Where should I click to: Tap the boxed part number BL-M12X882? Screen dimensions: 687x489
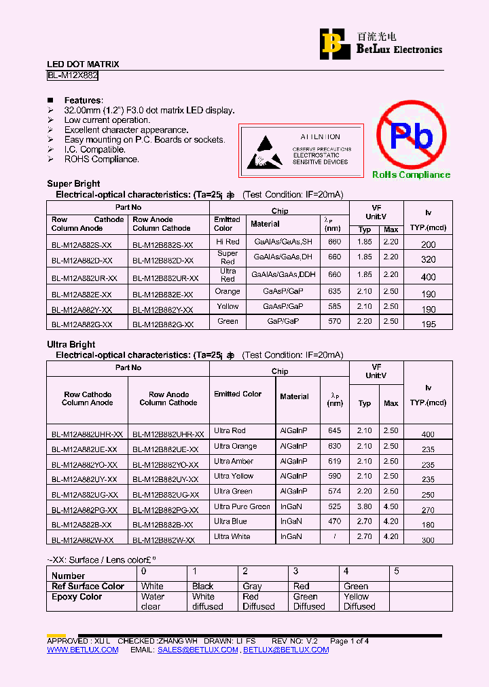point(73,76)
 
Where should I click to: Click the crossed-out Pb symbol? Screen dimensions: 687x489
point(411,135)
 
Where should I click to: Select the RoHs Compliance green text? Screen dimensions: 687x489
point(411,175)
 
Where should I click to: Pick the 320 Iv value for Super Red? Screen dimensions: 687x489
point(428,259)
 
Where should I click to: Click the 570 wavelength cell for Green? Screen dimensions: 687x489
point(334,321)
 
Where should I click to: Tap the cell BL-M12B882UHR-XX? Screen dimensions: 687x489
point(168,434)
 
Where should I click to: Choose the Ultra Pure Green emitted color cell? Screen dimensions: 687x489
point(242,506)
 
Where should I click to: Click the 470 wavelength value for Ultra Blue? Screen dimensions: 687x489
point(334,521)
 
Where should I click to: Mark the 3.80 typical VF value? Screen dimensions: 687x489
point(365,506)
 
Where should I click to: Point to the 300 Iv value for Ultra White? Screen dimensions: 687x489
point(428,540)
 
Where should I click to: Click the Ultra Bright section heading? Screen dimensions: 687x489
point(71,344)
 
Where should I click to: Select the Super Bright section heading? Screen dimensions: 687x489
point(73,183)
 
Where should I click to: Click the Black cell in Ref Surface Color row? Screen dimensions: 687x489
point(202,586)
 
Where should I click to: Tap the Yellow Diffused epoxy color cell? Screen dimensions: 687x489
point(359,601)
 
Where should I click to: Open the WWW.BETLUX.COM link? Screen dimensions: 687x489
point(82,650)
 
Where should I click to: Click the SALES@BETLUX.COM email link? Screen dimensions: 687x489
point(198,650)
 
